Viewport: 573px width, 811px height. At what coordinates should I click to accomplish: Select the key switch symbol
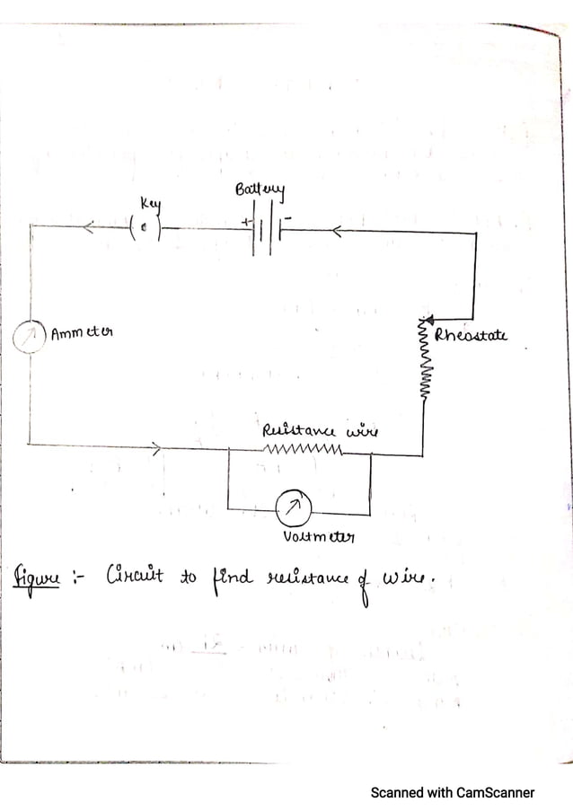[145, 228]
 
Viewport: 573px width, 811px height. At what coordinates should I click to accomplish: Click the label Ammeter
[82, 333]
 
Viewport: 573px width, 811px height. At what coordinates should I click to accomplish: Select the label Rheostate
[471, 336]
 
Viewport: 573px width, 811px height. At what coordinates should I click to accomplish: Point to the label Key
[149, 204]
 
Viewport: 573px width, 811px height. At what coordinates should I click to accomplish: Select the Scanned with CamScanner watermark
[452, 792]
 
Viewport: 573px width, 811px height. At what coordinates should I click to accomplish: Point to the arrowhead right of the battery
[335, 233]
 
